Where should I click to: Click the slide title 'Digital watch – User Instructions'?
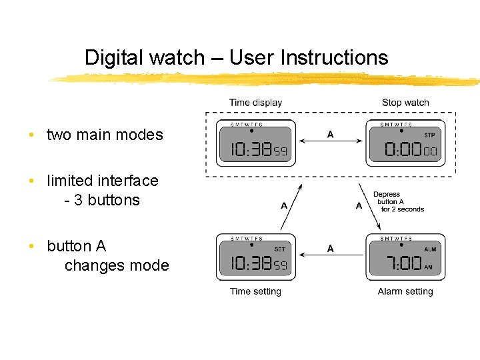tap(236, 58)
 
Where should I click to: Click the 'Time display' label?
tap(255, 103)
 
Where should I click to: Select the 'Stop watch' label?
tap(405, 103)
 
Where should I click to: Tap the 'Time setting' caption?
tap(255, 291)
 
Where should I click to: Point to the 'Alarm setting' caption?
tap(405, 291)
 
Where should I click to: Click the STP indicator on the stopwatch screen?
tap(429, 135)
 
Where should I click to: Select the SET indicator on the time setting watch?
tap(279, 249)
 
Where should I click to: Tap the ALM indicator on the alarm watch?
tap(430, 249)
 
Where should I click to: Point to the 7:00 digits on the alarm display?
tap(404, 264)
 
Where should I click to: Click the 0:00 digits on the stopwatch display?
tap(403, 151)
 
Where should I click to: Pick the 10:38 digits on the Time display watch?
tap(251, 151)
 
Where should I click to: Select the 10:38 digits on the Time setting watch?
tap(251, 264)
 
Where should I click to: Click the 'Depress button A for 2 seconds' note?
tap(399, 201)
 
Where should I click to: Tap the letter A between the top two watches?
tap(331, 135)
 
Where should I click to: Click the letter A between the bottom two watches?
tap(331, 249)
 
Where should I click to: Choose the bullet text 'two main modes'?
tap(105, 135)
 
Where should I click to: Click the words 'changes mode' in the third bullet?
tap(117, 265)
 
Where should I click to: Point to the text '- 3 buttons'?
tap(102, 200)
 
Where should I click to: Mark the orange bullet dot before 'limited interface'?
tap(31, 181)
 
